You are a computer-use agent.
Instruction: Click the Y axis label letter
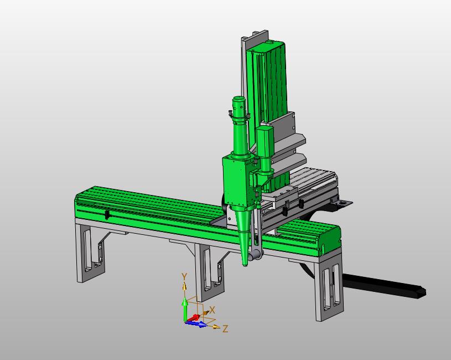point(184,276)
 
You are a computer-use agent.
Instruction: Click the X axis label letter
point(212,310)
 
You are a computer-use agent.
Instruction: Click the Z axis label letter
point(226,328)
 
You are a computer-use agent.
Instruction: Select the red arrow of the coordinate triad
point(193,318)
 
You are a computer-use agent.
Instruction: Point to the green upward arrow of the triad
point(185,310)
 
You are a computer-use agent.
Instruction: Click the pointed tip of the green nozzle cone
point(245,265)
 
